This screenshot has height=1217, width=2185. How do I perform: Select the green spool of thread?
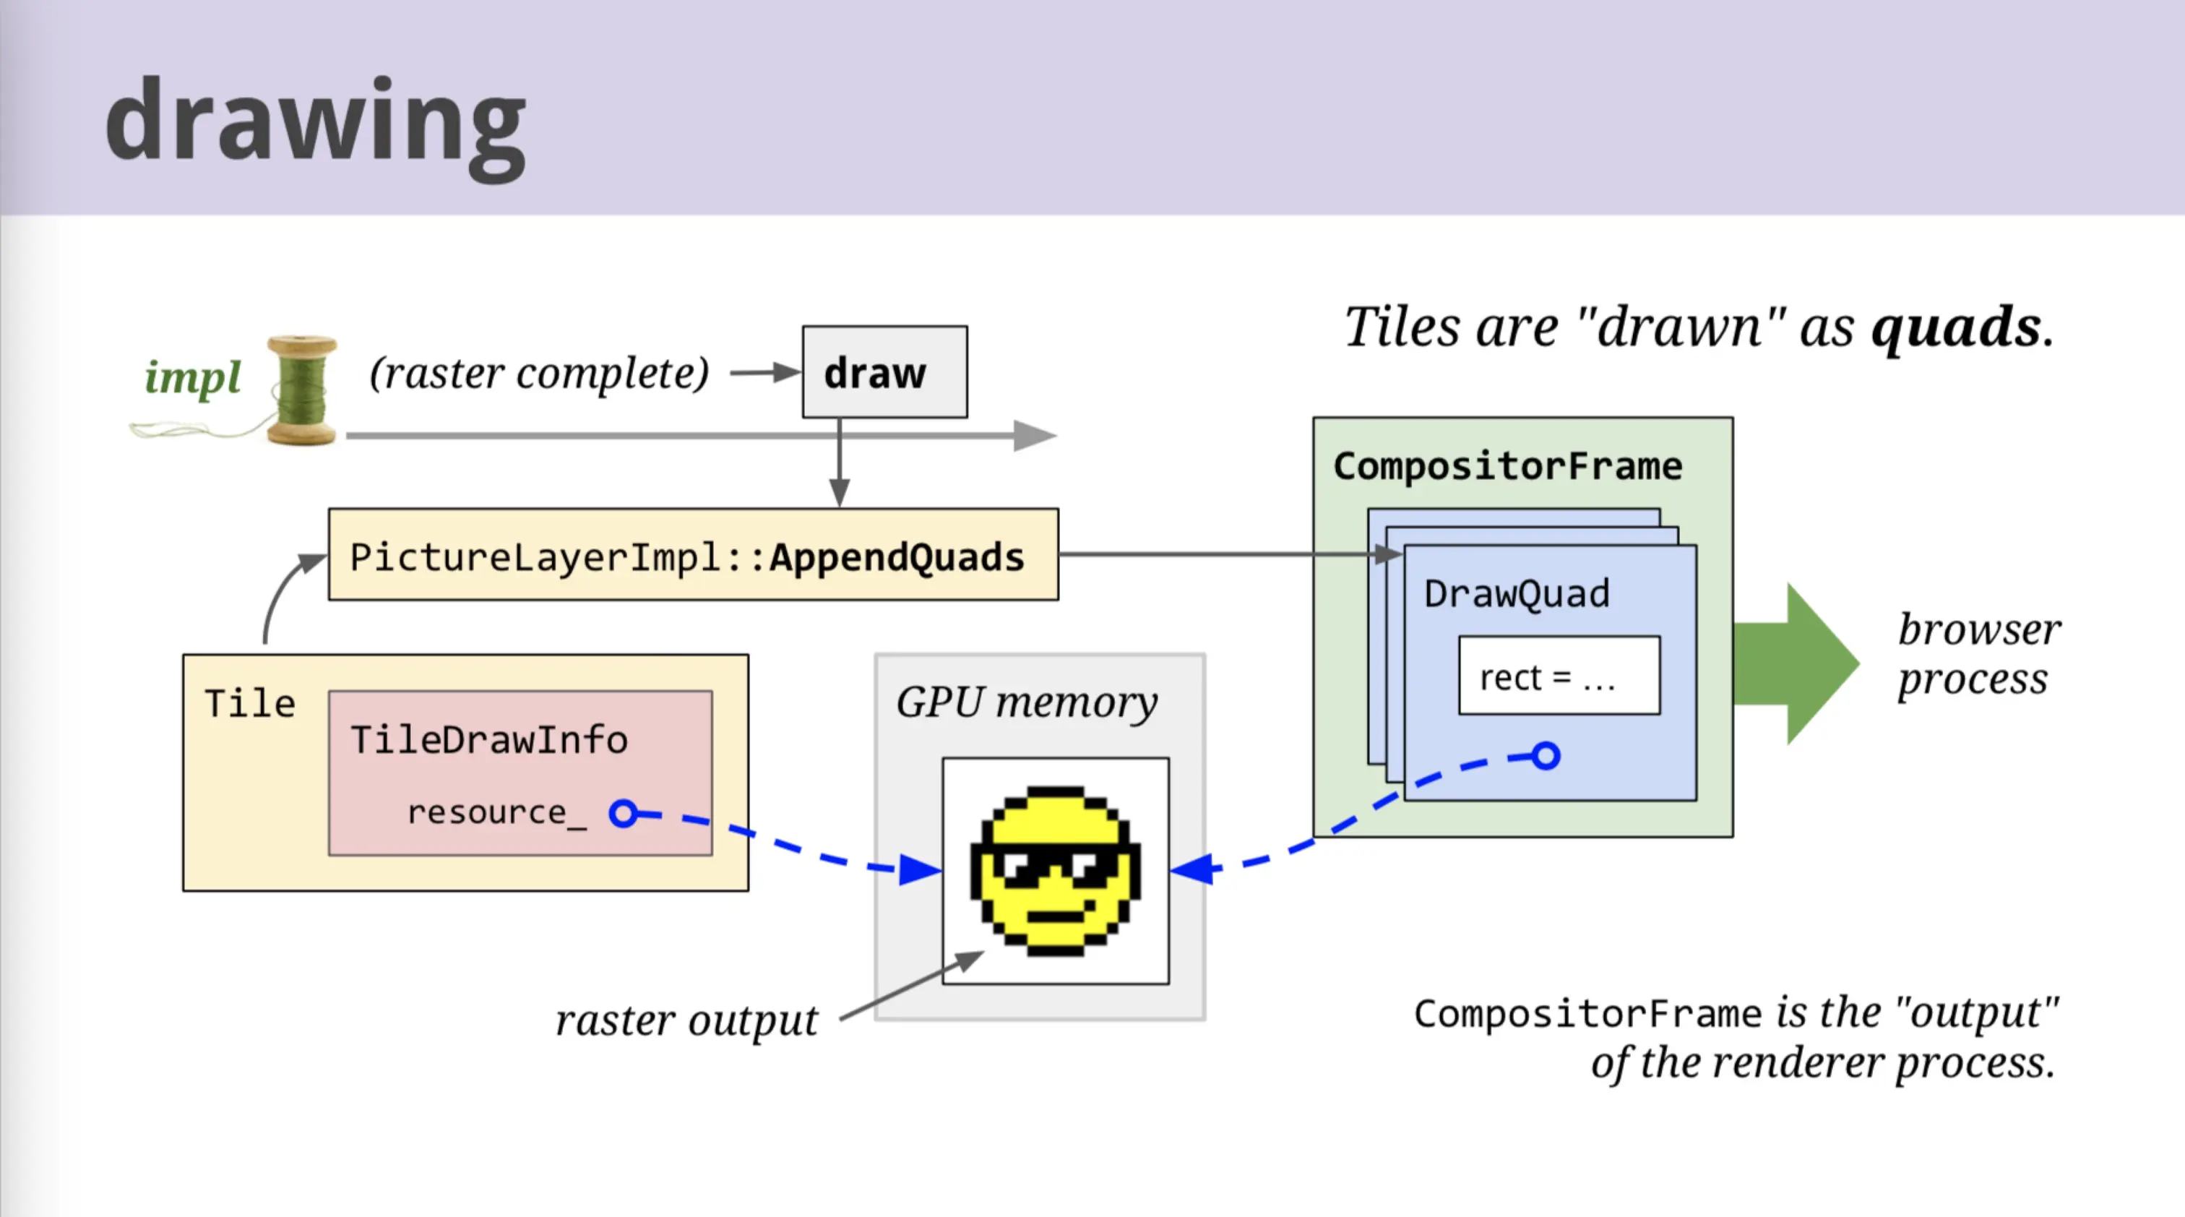point(302,390)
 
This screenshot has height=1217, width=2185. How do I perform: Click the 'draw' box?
point(884,371)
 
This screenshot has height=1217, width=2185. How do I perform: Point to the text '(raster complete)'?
point(540,373)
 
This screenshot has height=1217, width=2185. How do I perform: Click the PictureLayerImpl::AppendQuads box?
point(693,554)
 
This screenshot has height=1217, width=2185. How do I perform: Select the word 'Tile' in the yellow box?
point(250,704)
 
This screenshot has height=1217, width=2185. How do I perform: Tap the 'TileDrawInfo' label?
point(489,740)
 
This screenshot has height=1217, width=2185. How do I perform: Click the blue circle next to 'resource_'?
point(624,813)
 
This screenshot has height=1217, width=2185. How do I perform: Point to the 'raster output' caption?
point(687,1020)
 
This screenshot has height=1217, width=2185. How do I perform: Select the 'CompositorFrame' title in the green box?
point(1507,466)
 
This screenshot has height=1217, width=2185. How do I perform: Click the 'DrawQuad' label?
point(1517,593)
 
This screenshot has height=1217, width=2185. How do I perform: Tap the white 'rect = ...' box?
point(1559,676)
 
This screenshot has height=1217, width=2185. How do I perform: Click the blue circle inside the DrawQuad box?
point(1546,756)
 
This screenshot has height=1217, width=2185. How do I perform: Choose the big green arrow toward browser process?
point(1796,664)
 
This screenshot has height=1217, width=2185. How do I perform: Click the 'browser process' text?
point(1979,654)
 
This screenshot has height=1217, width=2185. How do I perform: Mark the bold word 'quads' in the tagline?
point(1955,327)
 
